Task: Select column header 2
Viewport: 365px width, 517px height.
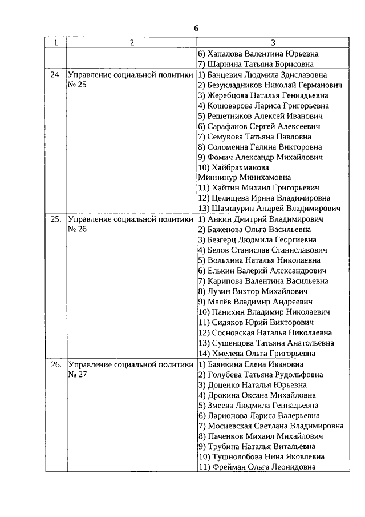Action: click(x=132, y=43)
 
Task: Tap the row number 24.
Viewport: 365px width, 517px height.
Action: click(x=55, y=75)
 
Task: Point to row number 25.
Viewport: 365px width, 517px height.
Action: click(x=55, y=219)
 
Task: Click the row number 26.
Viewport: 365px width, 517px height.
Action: click(x=55, y=364)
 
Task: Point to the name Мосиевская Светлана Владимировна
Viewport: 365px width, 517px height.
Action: click(x=270, y=426)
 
